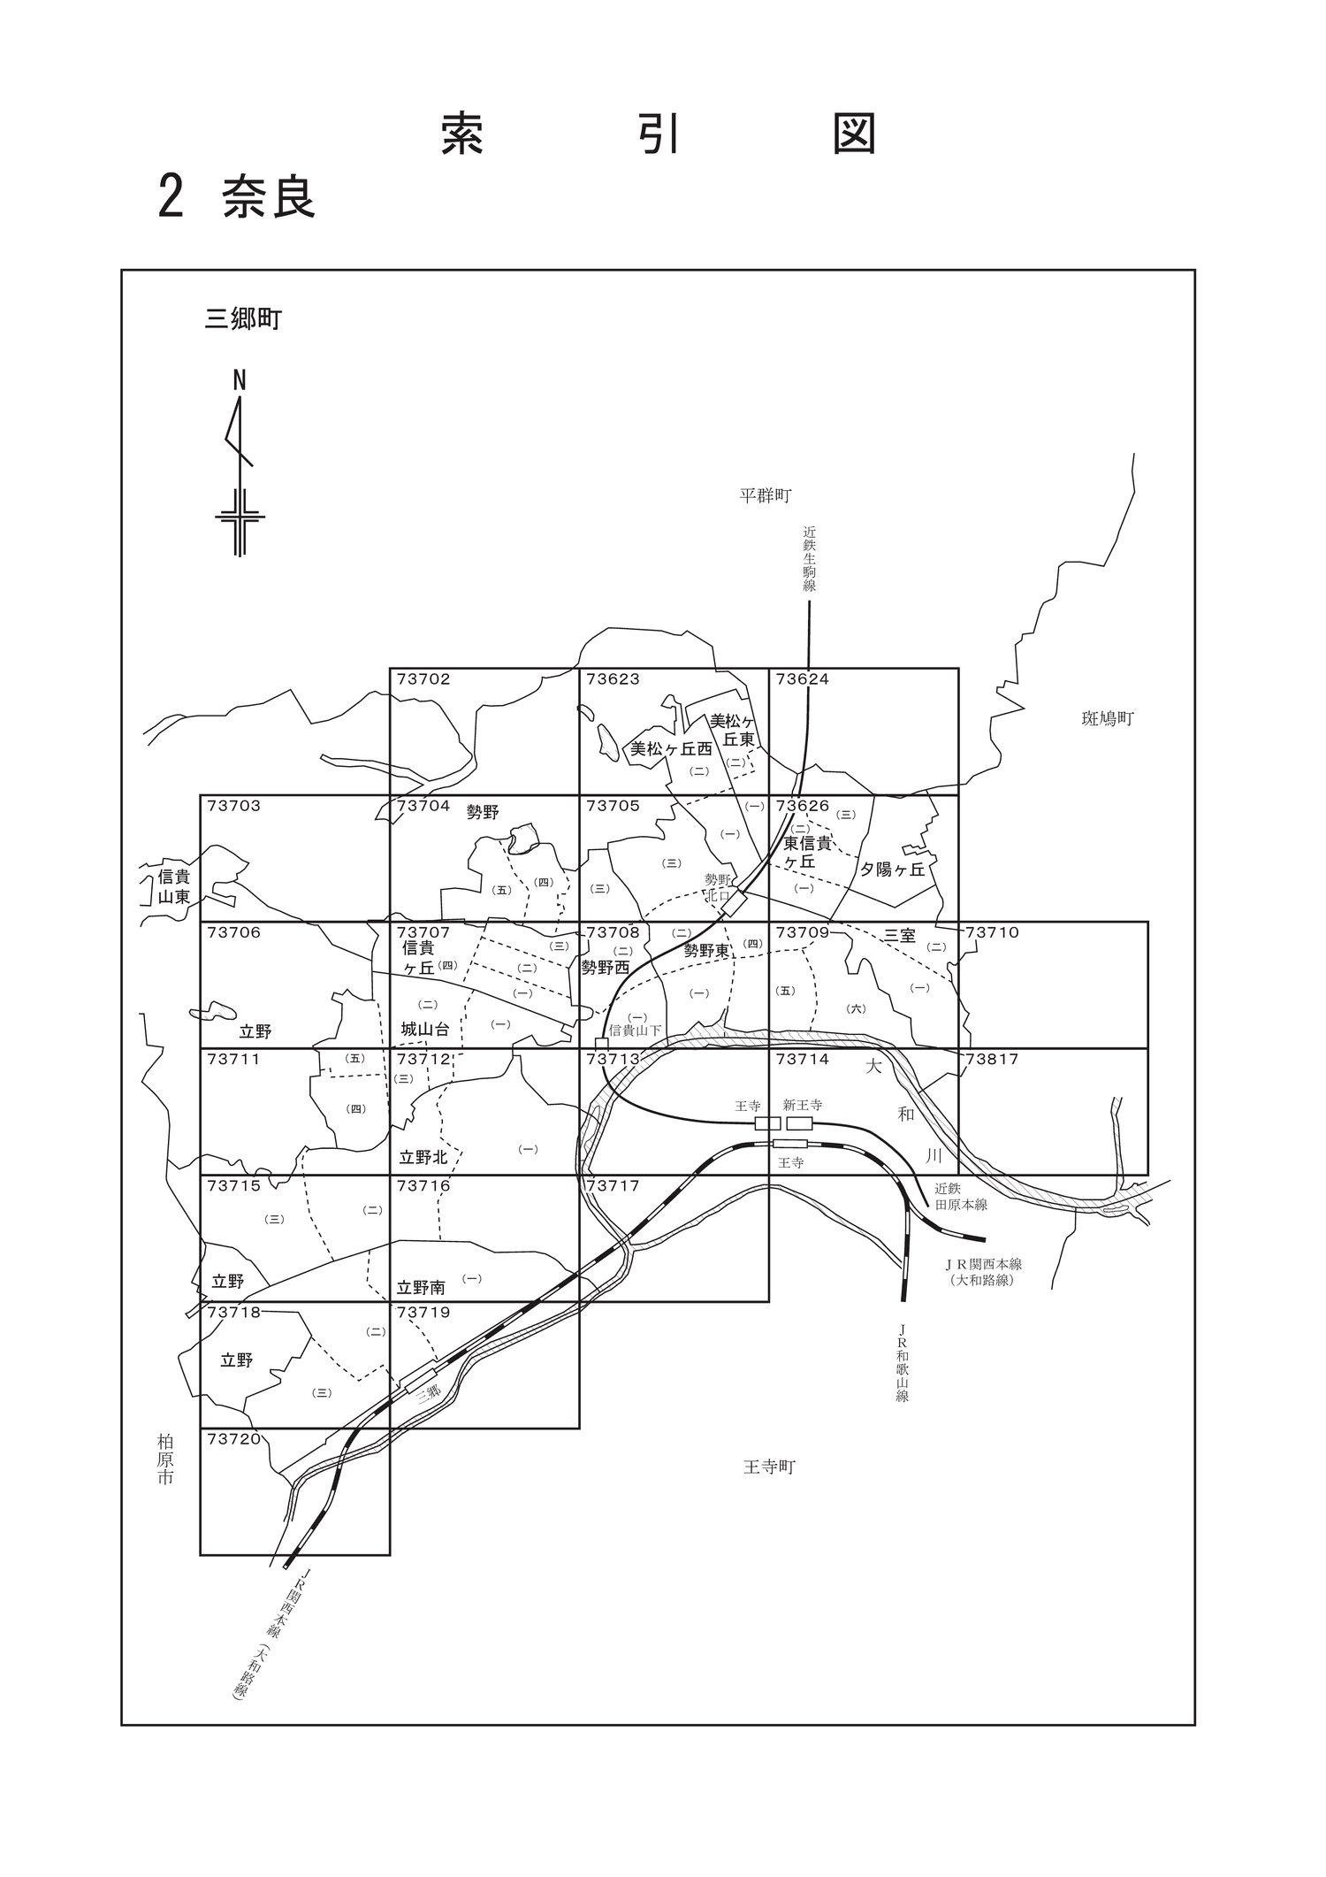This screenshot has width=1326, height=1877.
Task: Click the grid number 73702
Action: [x=423, y=679]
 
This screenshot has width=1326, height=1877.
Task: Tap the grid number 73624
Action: [x=803, y=679]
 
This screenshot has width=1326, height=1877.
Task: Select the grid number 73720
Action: [x=234, y=1439]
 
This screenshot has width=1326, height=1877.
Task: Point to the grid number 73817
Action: [x=992, y=1059]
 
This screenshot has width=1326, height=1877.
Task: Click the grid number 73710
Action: [x=992, y=932]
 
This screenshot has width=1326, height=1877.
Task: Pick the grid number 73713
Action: [x=613, y=1059]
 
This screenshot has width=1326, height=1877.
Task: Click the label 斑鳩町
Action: [x=1107, y=719]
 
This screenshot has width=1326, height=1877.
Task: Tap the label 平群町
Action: [x=765, y=495]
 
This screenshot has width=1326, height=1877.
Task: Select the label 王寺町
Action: [x=769, y=1467]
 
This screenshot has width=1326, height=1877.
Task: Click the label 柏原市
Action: [x=165, y=1459]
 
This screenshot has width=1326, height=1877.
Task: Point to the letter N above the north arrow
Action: [x=239, y=380]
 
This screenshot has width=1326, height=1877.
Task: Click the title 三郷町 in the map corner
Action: [x=243, y=319]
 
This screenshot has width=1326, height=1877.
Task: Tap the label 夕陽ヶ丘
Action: [x=893, y=870]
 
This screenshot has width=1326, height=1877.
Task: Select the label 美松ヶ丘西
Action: [x=671, y=749]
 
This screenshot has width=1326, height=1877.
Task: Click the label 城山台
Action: [x=424, y=1030]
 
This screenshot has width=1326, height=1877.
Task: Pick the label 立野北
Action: [x=423, y=1157]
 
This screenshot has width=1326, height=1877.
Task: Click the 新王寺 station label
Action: [x=803, y=1105]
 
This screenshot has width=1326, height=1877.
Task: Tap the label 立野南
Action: [x=421, y=1288]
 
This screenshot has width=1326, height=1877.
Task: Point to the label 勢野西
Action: [x=605, y=968]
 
